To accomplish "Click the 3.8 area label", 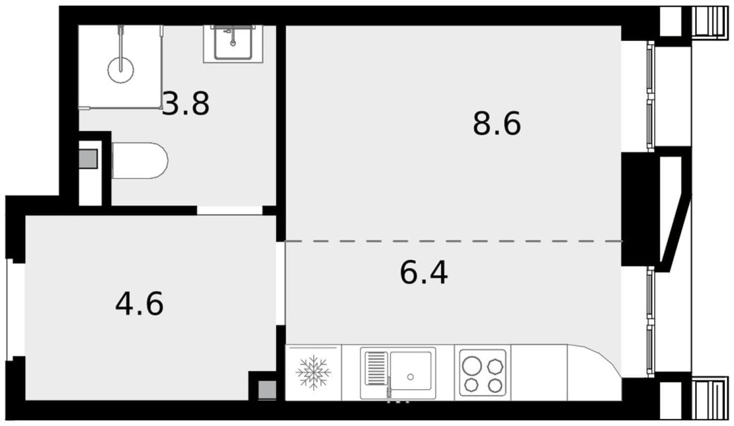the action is click(x=186, y=104).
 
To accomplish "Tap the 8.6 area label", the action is click(x=497, y=123).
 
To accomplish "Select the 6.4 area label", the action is click(x=424, y=272).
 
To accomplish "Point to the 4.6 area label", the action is click(x=139, y=304).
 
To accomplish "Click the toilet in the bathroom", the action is click(x=140, y=160).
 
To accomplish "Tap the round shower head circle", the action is click(x=121, y=70).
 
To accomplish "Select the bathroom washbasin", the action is click(x=233, y=44).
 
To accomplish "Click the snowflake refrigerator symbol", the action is click(x=313, y=373).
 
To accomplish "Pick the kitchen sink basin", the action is click(x=411, y=370).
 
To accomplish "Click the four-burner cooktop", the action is click(x=483, y=373).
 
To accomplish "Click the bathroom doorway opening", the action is click(x=230, y=210).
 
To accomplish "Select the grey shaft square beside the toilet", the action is click(x=88, y=159).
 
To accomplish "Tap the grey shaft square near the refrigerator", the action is click(x=267, y=390).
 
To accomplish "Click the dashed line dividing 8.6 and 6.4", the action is click(x=454, y=241).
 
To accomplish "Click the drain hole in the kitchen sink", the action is click(x=410, y=377).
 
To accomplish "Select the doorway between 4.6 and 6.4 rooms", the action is click(x=281, y=284).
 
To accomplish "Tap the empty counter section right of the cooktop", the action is click(x=539, y=373).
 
